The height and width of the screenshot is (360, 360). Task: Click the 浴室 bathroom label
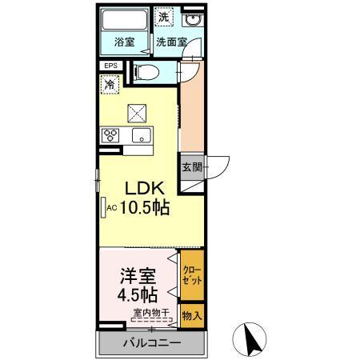124,42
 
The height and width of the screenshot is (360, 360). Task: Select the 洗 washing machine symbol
163,17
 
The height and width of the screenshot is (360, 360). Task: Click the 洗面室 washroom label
170,42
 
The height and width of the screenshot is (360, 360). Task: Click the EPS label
110,66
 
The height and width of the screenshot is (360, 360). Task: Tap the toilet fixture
149,73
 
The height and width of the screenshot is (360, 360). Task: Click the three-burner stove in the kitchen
110,134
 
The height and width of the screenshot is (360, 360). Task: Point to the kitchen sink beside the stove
141,134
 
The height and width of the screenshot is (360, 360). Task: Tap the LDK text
144,190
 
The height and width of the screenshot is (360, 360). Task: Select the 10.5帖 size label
144,209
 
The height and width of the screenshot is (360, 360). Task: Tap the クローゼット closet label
192,274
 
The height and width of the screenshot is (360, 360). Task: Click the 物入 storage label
191,316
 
